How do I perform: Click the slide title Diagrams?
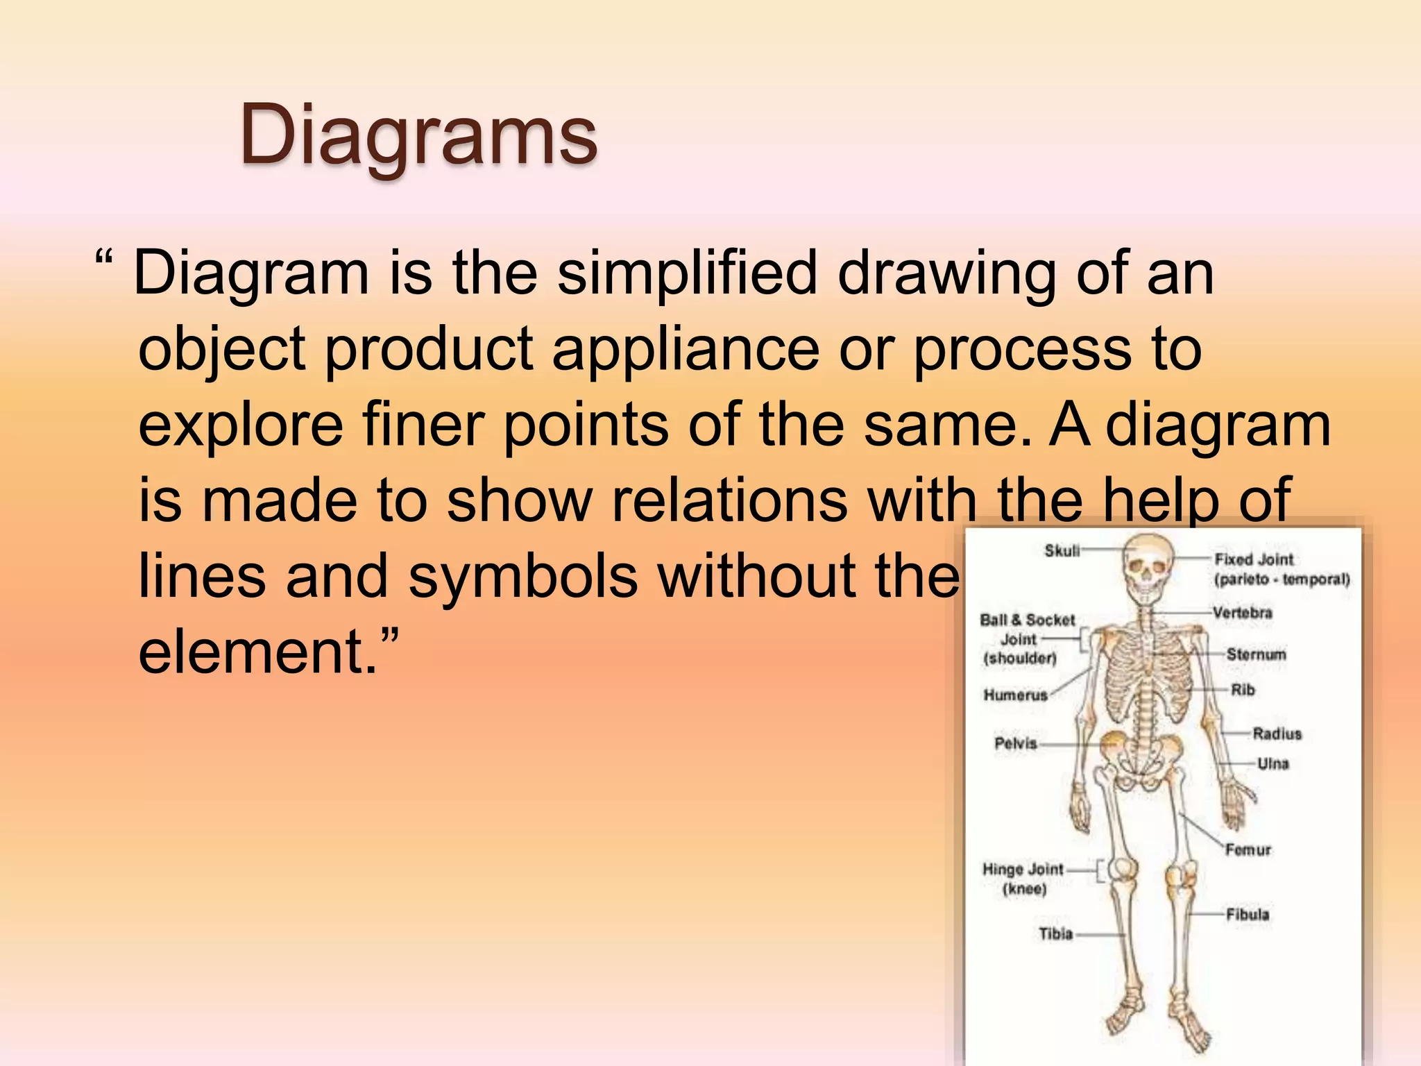418,135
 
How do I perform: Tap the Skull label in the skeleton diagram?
1062,551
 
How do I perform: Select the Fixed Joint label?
1254,559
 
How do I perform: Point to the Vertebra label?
1242,613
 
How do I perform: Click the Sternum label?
1256,654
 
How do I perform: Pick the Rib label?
1243,690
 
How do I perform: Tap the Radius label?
1277,734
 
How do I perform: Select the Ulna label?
1273,764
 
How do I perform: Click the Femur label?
1248,850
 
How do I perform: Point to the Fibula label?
1247,915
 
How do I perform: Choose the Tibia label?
1055,934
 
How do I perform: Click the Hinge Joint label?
1023,870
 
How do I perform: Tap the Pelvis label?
1015,744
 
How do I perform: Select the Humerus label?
1015,695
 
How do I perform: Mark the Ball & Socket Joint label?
1026,638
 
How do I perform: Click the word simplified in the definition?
688,273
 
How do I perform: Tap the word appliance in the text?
685,348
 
